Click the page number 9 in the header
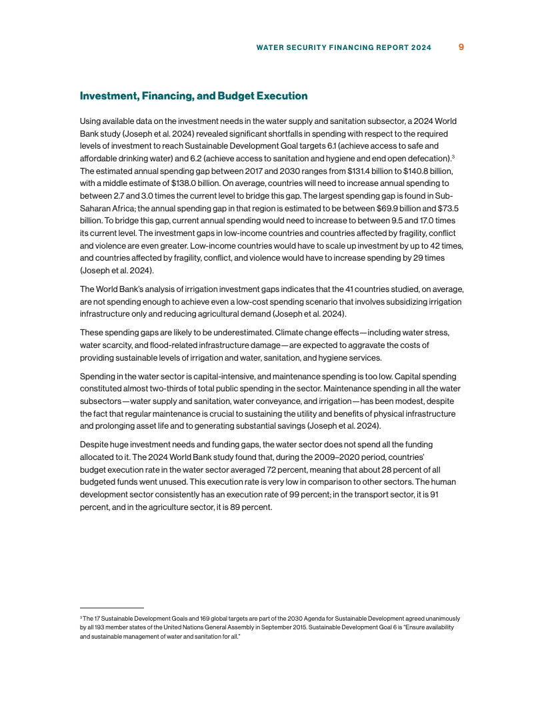[x=461, y=47]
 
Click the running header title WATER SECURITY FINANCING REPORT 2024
[x=343, y=48]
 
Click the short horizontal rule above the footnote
[x=111, y=608]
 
